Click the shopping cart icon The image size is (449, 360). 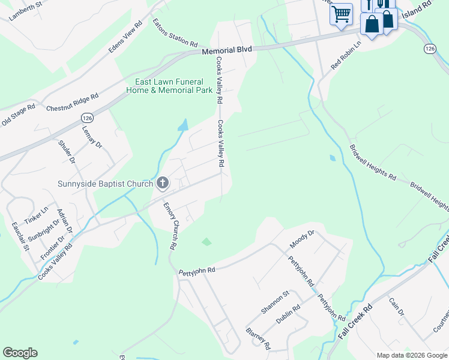(341, 13)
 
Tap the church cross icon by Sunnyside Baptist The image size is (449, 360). (162, 183)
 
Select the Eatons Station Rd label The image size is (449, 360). (175, 34)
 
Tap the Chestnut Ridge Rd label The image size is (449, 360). (72, 103)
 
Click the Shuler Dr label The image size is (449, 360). (67, 151)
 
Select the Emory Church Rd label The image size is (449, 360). (171, 226)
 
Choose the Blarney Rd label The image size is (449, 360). (258, 339)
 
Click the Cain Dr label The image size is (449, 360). (397, 308)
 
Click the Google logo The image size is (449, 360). (20, 353)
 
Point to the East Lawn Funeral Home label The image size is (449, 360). (169, 86)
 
